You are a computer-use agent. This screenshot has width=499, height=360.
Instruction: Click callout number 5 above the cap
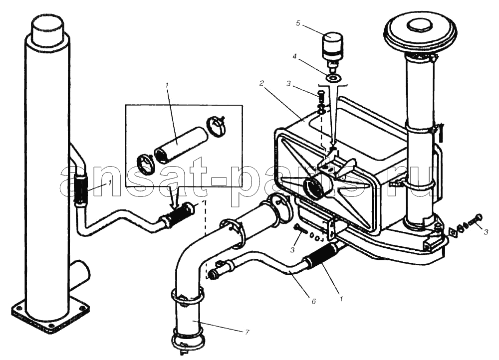point(298,23)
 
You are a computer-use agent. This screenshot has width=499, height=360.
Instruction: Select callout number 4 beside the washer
point(295,57)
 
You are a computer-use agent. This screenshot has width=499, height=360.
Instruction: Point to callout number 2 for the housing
point(261,83)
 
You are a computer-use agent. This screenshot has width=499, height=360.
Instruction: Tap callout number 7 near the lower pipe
point(247,333)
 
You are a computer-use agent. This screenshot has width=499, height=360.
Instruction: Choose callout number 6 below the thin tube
point(313,301)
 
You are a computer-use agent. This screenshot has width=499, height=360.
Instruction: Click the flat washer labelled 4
point(333,77)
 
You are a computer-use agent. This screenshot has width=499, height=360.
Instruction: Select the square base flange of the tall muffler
point(50,318)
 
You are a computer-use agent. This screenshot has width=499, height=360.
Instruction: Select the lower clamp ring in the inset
point(147,164)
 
